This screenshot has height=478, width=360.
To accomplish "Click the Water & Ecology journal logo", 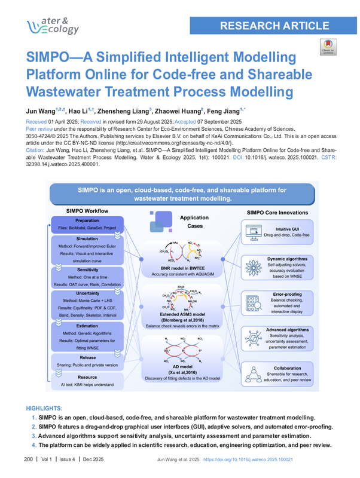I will tap(53, 24).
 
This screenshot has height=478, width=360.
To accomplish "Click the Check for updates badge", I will tap(328, 47).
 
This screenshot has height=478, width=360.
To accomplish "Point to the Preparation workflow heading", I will tap(87, 220).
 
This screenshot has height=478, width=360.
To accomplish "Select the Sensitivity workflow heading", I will tap(87, 270).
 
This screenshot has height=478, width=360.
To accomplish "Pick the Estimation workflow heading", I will tap(87, 325).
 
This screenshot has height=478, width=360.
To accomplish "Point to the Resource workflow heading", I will tap(87, 377).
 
